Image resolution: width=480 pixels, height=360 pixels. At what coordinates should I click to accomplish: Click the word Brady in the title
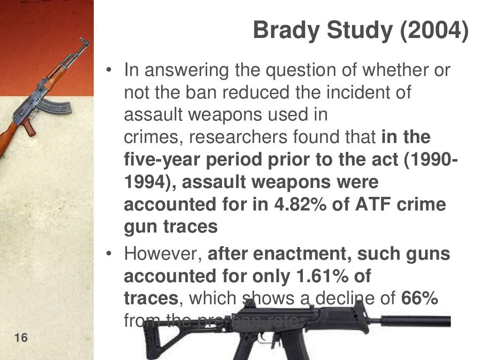coord(286,30)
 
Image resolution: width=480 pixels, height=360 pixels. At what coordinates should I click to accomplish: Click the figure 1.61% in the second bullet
coord(323,276)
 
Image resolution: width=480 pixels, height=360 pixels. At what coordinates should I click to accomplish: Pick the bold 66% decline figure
coord(420,299)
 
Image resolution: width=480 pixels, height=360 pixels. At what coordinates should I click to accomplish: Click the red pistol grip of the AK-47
coord(29,127)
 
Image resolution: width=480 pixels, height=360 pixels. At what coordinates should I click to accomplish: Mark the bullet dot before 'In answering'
coord(109,70)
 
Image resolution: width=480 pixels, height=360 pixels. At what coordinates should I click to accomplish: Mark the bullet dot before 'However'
coord(109,254)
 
